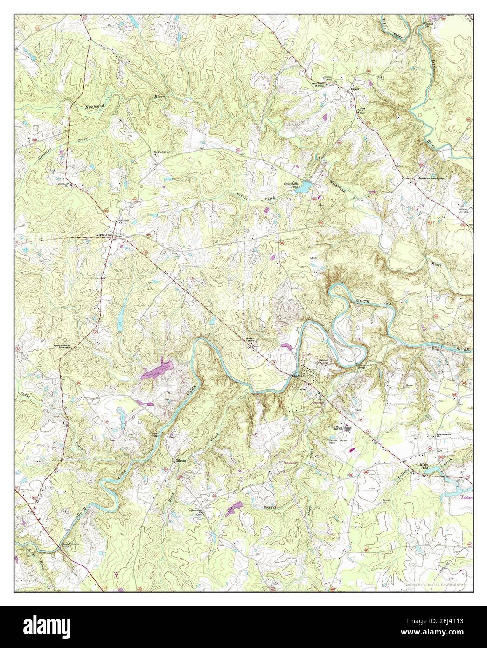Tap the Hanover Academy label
pos(431,178)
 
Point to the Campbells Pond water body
pos(304,187)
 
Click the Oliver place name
pos(355,87)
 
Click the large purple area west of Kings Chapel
pos(158,367)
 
